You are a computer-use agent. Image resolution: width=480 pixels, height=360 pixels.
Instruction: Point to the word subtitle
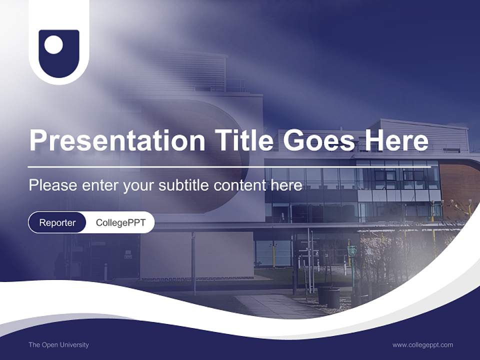click(184, 185)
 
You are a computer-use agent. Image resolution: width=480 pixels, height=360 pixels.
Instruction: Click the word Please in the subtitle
click(50, 185)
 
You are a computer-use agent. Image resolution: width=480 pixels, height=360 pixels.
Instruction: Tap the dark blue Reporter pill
click(57, 222)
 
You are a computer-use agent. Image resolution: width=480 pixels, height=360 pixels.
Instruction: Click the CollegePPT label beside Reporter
click(120, 222)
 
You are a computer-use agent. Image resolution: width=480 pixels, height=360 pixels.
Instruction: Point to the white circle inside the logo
click(53, 45)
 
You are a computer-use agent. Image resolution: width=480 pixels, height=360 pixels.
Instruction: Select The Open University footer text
click(58, 344)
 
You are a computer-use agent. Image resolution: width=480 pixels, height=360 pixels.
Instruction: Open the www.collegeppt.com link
click(422, 344)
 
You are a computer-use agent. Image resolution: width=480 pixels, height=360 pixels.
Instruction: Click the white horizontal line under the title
click(200, 166)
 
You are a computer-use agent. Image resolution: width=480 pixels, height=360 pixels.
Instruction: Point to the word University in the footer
click(74, 344)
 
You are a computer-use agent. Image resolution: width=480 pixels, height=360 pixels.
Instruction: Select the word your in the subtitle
click(139, 185)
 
